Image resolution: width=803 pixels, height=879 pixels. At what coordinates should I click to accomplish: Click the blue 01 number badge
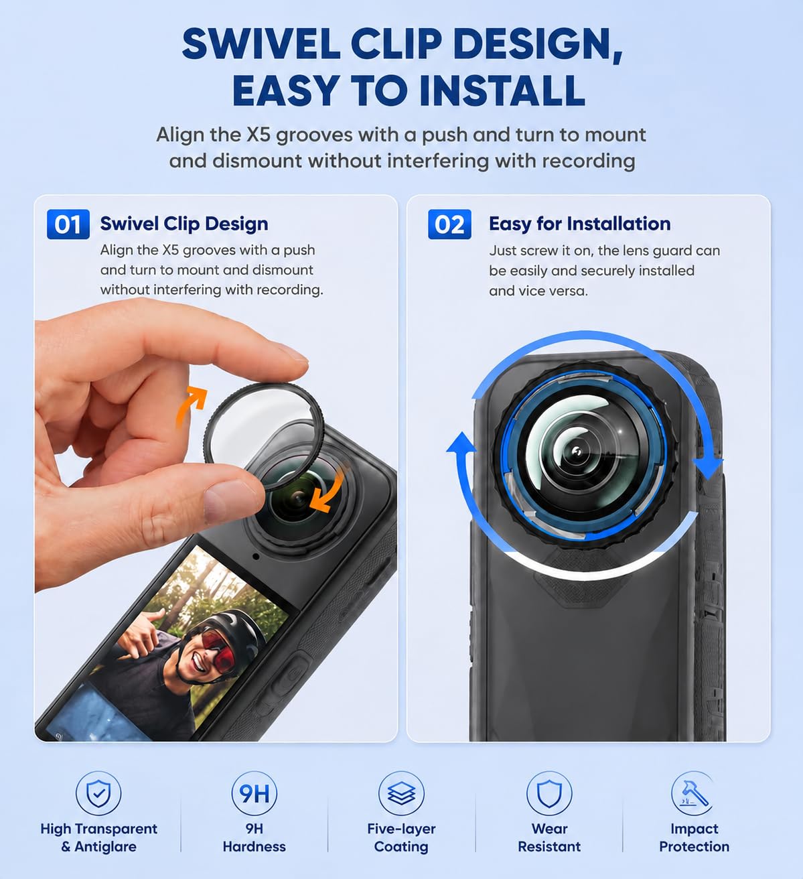pyautogui.click(x=68, y=224)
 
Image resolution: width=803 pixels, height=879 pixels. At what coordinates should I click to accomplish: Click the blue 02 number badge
pyautogui.click(x=449, y=224)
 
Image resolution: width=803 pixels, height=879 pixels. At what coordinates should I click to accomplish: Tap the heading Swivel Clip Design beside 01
pyautogui.click(x=184, y=224)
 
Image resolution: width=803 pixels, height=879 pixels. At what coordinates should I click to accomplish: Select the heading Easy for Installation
pyautogui.click(x=579, y=224)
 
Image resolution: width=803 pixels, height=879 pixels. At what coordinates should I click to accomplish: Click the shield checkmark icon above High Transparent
pyautogui.click(x=98, y=793)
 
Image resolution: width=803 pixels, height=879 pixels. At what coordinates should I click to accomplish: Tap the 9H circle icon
pyautogui.click(x=254, y=793)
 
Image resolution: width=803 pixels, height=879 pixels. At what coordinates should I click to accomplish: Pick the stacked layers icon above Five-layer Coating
pyautogui.click(x=401, y=793)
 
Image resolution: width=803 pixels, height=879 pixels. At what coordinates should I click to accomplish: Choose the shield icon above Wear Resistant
pyautogui.click(x=549, y=793)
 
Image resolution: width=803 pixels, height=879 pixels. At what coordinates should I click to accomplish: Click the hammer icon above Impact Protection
pyautogui.click(x=694, y=793)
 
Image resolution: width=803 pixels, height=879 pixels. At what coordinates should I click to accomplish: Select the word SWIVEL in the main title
pyautogui.click(x=261, y=44)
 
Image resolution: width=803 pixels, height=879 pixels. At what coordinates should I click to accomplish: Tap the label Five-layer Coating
pyautogui.click(x=401, y=837)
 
